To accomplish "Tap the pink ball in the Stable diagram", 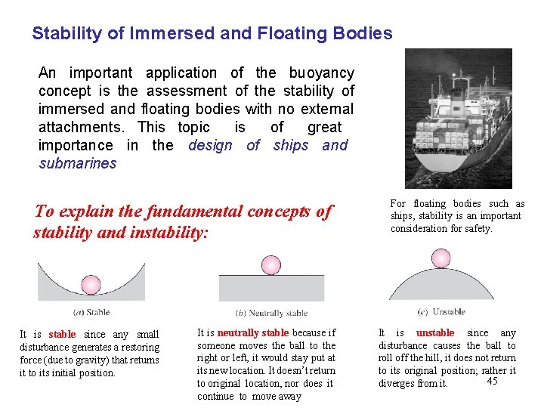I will pyautogui.click(x=90, y=285).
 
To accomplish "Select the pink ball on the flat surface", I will pyautogui.click(x=270, y=264).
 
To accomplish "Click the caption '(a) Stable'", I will pyautogui.click(x=91, y=311).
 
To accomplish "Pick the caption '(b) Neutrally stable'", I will pyautogui.click(x=271, y=313).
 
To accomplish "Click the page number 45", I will pyautogui.click(x=492, y=381).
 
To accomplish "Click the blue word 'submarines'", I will pyautogui.click(x=78, y=163).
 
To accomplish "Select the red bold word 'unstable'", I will pyautogui.click(x=435, y=332).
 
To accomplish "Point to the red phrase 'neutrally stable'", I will pyautogui.click(x=252, y=332).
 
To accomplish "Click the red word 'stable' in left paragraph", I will pyautogui.click(x=62, y=334).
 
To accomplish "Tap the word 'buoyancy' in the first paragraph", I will pyautogui.click(x=321, y=73).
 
